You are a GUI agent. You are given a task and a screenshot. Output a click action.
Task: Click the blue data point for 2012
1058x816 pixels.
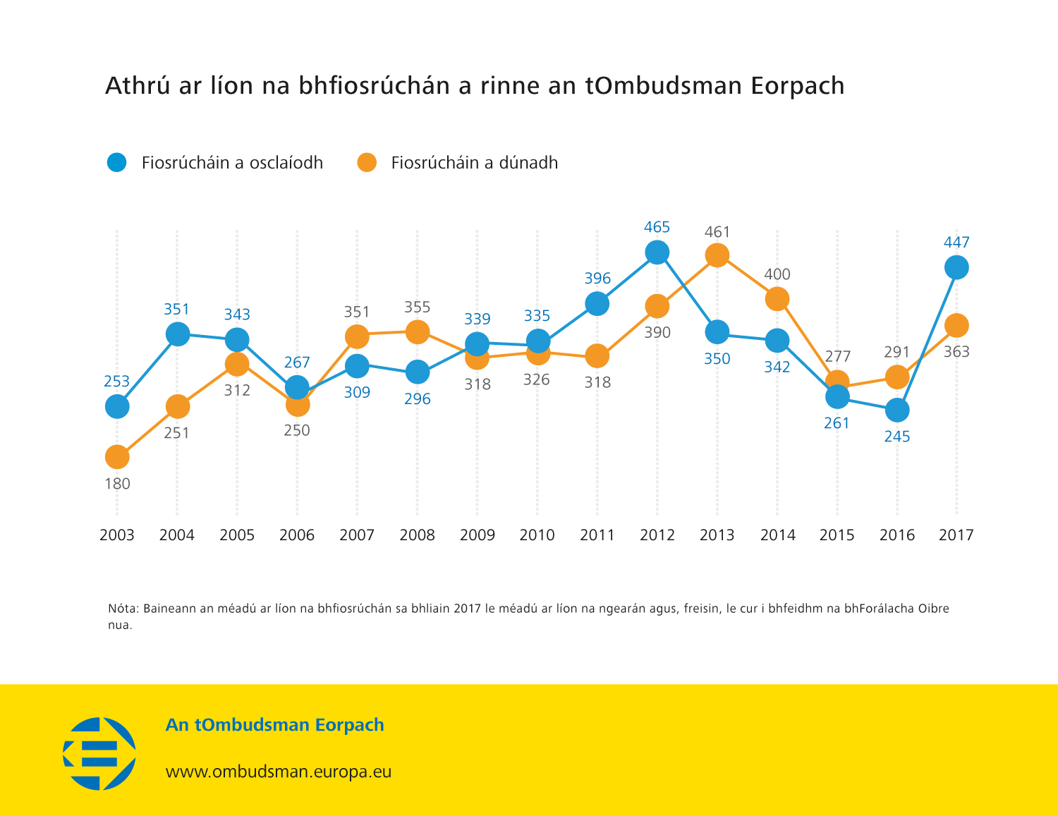click(657, 252)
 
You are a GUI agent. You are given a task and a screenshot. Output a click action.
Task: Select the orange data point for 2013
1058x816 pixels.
click(717, 255)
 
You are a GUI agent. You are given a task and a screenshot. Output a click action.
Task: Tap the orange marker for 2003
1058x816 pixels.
click(117, 457)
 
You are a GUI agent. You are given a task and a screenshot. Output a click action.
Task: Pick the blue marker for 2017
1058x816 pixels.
click(956, 267)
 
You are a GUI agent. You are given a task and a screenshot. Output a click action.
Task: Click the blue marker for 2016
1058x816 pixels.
click(896, 410)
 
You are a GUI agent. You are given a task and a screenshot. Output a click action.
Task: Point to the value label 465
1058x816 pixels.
click(657, 227)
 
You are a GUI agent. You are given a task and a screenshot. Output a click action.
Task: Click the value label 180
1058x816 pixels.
click(117, 484)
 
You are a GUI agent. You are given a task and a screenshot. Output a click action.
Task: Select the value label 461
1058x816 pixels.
click(717, 232)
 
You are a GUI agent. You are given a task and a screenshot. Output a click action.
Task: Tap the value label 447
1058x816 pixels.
click(956, 243)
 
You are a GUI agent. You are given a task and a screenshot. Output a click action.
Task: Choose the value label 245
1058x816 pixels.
click(896, 437)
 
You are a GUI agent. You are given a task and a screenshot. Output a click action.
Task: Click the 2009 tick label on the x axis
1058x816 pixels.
click(477, 535)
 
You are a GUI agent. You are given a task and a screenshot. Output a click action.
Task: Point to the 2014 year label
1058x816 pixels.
click(777, 535)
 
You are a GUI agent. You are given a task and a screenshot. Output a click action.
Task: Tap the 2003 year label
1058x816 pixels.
click(117, 535)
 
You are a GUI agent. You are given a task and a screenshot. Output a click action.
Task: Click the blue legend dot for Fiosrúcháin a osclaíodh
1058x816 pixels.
click(117, 162)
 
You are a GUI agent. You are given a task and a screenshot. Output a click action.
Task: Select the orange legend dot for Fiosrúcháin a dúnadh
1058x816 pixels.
click(367, 162)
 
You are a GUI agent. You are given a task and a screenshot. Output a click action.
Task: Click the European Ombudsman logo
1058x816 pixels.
click(99, 753)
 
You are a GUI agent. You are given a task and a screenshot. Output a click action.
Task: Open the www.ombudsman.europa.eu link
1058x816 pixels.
click(278, 772)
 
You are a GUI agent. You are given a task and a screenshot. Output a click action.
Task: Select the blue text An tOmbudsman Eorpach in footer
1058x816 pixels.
click(274, 725)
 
